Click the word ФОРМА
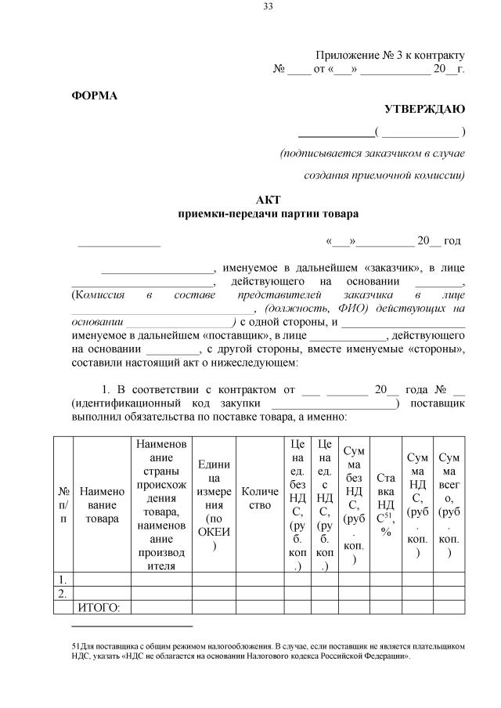[x=94, y=96]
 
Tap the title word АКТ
[x=268, y=200]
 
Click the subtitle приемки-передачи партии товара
[x=268, y=213]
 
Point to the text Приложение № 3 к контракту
[x=390, y=56]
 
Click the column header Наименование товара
[x=102, y=504]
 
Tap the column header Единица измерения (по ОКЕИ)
[x=214, y=504]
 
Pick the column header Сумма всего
[x=449, y=504]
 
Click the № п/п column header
[x=62, y=504]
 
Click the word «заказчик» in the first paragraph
[x=382, y=267]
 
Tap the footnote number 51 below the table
[x=75, y=647]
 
